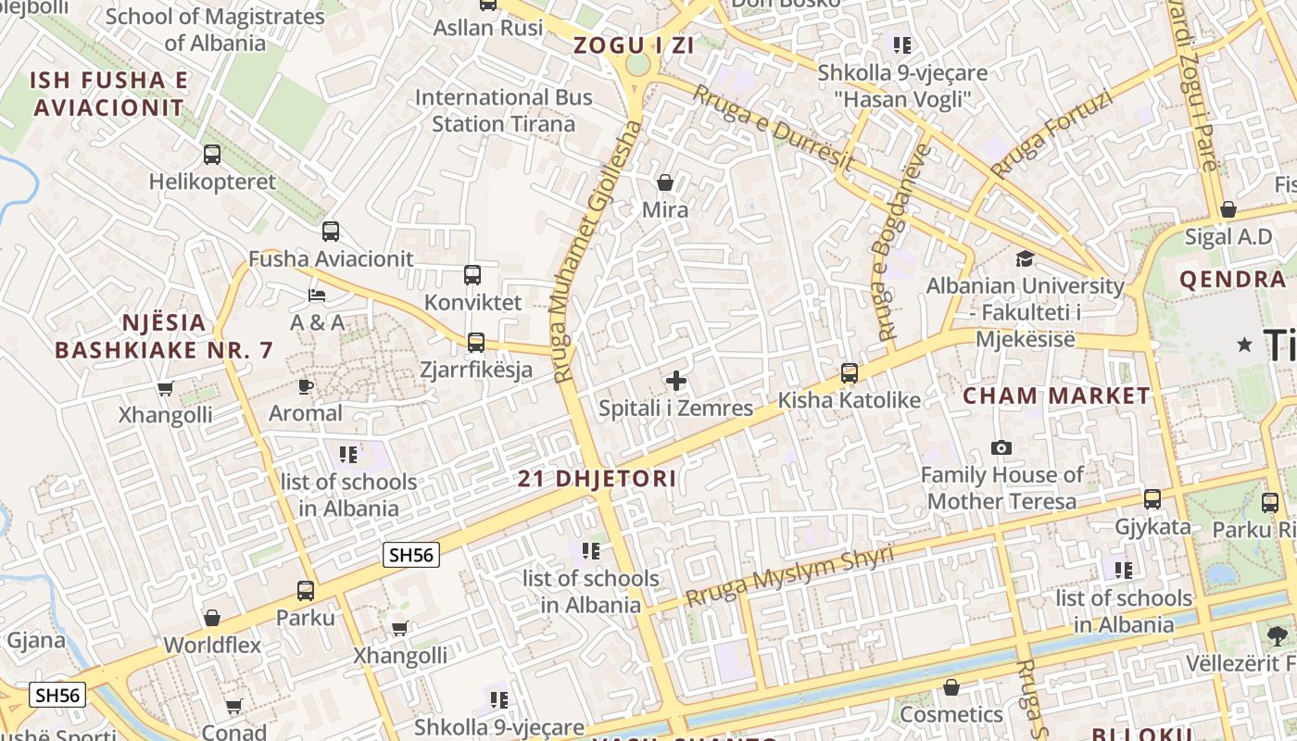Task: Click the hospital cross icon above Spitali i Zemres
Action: [676, 380]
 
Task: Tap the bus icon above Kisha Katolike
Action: [850, 373]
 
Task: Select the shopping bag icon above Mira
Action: [664, 182]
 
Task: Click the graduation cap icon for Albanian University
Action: [1025, 258]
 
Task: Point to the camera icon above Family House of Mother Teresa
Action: [1001, 448]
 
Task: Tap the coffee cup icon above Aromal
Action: [306, 386]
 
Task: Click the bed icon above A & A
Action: [317, 295]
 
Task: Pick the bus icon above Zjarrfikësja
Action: [476, 343]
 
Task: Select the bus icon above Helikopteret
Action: [212, 155]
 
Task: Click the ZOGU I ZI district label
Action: [634, 44]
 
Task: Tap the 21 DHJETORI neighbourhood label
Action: [597, 479]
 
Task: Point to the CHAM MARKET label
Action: [1056, 396]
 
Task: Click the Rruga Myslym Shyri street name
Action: [789, 574]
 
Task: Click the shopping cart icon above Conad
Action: [233, 707]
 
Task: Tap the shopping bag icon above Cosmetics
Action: [951, 687]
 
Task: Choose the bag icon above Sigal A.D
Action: [1228, 210]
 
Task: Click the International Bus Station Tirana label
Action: [504, 110]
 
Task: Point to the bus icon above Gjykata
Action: [1152, 499]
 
